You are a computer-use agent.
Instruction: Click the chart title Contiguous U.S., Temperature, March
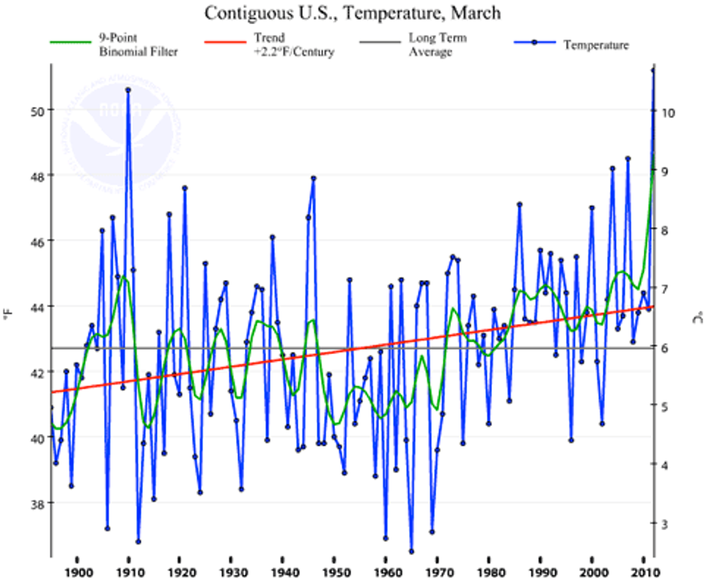pyautogui.click(x=353, y=13)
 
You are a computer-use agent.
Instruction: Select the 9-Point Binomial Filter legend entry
pyautogui.click(x=138, y=45)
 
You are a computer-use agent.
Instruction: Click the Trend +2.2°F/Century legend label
pyautogui.click(x=294, y=45)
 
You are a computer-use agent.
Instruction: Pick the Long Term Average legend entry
pyautogui.click(x=437, y=45)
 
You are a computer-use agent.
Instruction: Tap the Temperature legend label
pyautogui.click(x=596, y=45)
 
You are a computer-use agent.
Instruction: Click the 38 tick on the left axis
pyautogui.click(x=37, y=503)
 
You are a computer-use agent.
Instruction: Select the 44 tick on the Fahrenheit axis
pyautogui.click(x=37, y=307)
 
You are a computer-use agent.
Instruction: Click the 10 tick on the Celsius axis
pyautogui.click(x=668, y=113)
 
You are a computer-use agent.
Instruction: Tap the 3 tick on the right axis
pyautogui.click(x=664, y=524)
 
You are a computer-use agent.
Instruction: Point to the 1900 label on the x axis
pyautogui.click(x=78, y=573)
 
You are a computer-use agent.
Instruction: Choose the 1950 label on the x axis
pyautogui.click(x=336, y=573)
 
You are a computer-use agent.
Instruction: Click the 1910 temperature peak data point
pyautogui.click(x=128, y=90)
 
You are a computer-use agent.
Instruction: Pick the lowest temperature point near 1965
pyautogui.click(x=411, y=551)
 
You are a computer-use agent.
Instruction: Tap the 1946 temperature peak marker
pyautogui.click(x=313, y=178)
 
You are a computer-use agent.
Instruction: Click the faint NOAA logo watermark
pyautogui.click(x=120, y=132)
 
